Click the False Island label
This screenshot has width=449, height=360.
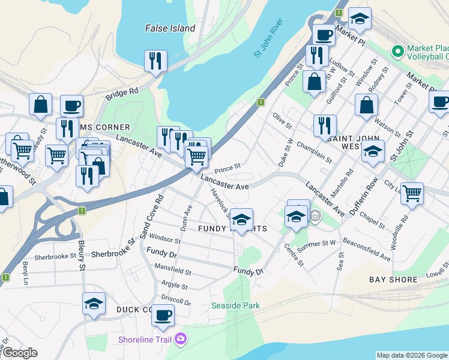(170, 28)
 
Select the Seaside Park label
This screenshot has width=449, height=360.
(236, 305)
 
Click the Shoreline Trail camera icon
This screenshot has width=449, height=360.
(181, 340)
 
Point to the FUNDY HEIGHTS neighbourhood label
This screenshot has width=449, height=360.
(232, 229)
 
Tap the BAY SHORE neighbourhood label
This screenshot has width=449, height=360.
(394, 280)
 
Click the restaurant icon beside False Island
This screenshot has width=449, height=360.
(155, 60)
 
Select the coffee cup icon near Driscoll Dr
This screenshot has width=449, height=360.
(162, 315)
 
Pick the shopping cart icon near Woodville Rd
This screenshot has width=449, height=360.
(412, 193)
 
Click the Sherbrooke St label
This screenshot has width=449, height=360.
(55, 256)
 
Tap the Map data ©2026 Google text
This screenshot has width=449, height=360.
(412, 355)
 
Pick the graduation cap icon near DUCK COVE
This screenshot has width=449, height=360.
(94, 304)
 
